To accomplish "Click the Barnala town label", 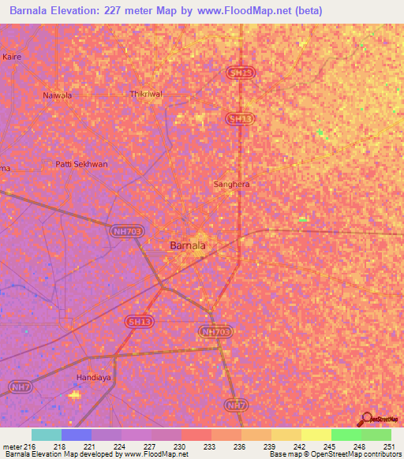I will (188, 245).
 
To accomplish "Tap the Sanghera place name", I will (232, 184).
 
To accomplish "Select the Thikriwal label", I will (146, 94).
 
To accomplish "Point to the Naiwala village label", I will (57, 95).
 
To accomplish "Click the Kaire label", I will (12, 58).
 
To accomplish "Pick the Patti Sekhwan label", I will (80, 164).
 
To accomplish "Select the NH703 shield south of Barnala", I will (216, 332).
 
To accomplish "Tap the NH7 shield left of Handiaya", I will (19, 386).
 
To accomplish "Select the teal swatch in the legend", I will (46, 435).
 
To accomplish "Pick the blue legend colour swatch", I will (76, 435).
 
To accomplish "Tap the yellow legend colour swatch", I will (316, 435).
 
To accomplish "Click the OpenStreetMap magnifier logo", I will (366, 419).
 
